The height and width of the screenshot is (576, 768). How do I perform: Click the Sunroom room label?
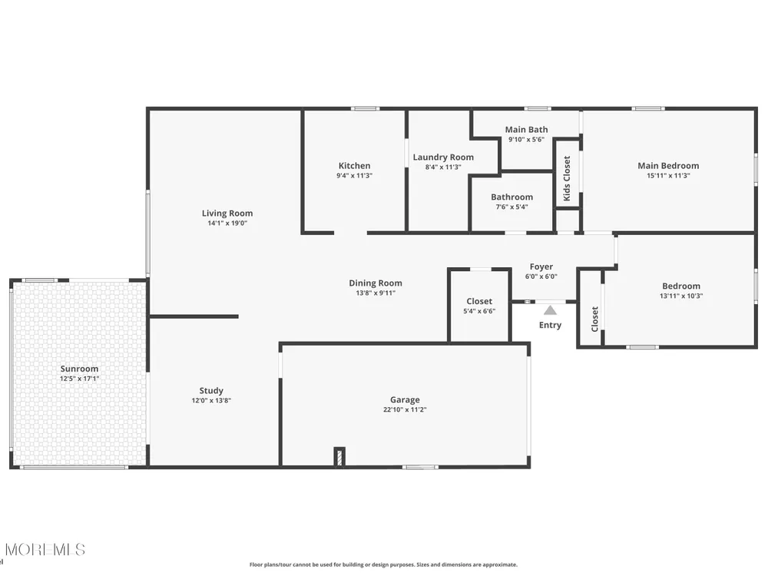click(79, 369)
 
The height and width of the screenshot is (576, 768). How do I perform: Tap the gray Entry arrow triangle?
click(550, 310)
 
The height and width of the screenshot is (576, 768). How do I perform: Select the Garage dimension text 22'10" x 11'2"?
click(405, 409)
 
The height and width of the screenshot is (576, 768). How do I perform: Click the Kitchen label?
click(354, 166)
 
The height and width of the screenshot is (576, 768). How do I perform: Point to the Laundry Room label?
click(443, 157)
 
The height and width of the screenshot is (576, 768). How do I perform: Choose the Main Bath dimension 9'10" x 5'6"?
click(526, 139)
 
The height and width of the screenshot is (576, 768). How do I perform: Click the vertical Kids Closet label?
click(567, 178)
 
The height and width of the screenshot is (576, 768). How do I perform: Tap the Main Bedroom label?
click(668, 166)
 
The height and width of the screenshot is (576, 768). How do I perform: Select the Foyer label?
click(541, 266)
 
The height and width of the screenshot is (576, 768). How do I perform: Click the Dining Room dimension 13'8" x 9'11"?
click(376, 293)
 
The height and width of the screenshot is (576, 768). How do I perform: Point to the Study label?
click(211, 390)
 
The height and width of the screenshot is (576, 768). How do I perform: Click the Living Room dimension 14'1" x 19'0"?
click(227, 223)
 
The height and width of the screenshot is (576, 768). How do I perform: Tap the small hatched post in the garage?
click(339, 457)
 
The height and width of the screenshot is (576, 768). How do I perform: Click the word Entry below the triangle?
click(550, 325)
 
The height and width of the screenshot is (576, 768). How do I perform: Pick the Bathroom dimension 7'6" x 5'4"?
click(511, 207)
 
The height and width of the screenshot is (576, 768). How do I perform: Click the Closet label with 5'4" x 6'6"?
click(479, 301)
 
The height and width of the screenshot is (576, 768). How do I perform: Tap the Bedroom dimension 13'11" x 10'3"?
click(680, 296)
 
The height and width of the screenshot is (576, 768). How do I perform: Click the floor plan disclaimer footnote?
click(383, 564)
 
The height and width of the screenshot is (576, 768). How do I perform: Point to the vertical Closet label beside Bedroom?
click(594, 319)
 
